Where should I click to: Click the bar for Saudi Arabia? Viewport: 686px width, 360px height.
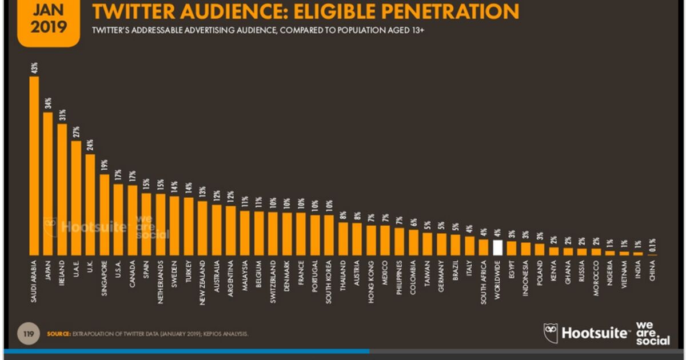point(34,166)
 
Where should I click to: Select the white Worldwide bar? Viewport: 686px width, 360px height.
point(497,247)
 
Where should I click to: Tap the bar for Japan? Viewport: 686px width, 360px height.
point(48,183)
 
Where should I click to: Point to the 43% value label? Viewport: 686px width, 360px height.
point(34,68)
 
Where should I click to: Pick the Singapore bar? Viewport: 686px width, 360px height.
point(105,214)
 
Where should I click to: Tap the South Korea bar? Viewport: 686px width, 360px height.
point(329,235)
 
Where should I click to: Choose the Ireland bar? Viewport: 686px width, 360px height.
point(62,189)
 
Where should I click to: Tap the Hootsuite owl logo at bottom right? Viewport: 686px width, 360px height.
point(551,333)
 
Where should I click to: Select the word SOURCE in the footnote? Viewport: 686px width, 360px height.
point(58,334)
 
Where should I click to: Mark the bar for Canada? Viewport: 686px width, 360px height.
point(133,220)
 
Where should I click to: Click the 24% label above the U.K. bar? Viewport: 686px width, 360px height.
point(90,146)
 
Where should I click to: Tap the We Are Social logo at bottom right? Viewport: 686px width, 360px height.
point(652,333)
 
